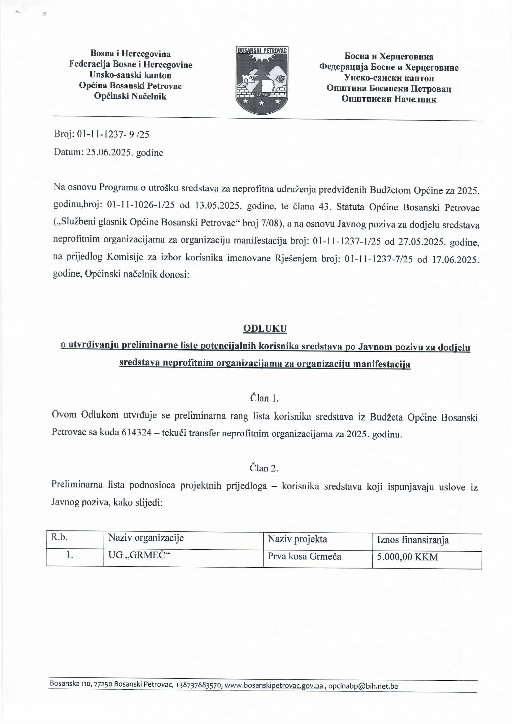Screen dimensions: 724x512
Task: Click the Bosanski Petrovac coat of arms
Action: pos(262,80)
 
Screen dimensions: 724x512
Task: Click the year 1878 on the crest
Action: pos(262,94)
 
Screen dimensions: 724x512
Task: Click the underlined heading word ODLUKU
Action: pos(265,329)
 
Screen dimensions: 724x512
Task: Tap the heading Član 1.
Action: pos(264,398)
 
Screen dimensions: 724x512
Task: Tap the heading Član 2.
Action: pos(264,468)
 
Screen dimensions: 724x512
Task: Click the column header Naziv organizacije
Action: pos(146,538)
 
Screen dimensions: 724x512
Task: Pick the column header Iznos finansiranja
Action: pos(413,540)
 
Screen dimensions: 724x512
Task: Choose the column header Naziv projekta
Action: pos(297,539)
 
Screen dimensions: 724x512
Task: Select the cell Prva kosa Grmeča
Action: pos(304,556)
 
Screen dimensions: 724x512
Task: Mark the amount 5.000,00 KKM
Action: pos(407,557)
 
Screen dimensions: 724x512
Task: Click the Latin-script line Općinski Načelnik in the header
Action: pos(130,97)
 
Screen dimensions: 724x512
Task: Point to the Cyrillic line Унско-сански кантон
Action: pos(389,78)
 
